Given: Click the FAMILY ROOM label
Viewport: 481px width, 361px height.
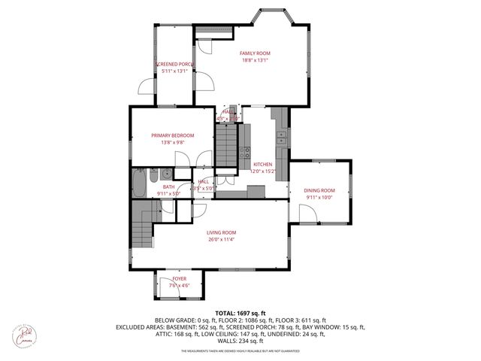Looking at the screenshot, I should tap(255, 53).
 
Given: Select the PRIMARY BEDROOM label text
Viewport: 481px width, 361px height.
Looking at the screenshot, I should tap(172, 135).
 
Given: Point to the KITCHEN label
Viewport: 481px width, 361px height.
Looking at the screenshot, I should tap(262, 164).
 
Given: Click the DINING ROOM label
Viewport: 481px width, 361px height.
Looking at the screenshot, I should tap(319, 190).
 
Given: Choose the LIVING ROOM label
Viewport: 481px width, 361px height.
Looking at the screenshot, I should tap(222, 232).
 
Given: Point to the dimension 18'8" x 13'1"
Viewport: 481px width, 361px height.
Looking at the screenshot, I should tap(255, 61).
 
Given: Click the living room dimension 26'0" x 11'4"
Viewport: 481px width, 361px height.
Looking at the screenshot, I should tap(222, 240).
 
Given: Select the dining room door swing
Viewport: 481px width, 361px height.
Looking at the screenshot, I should tap(307, 214).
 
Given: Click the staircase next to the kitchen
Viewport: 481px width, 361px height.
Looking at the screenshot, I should tap(226, 138).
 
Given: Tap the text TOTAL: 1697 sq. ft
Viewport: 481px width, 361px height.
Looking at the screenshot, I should tap(240, 312).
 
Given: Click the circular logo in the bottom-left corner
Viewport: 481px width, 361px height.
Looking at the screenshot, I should tap(24, 332).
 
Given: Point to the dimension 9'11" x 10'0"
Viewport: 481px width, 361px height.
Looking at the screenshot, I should tap(319, 198).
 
